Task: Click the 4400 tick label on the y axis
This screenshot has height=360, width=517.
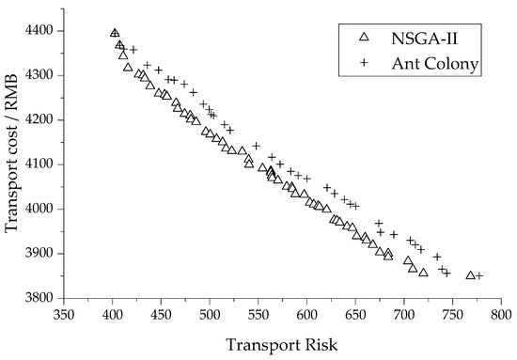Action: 41,31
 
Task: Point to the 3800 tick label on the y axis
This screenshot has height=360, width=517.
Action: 41,298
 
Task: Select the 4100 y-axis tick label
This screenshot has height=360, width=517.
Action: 41,164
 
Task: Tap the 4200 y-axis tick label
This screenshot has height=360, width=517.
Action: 41,120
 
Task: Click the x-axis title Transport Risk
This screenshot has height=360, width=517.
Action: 282,344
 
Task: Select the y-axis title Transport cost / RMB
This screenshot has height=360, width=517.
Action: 12,164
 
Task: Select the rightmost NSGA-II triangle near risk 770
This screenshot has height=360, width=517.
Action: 470,275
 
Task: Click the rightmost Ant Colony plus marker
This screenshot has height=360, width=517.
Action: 479,275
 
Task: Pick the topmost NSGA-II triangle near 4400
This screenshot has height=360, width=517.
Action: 115,34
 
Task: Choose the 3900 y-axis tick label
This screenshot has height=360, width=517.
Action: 41,254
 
